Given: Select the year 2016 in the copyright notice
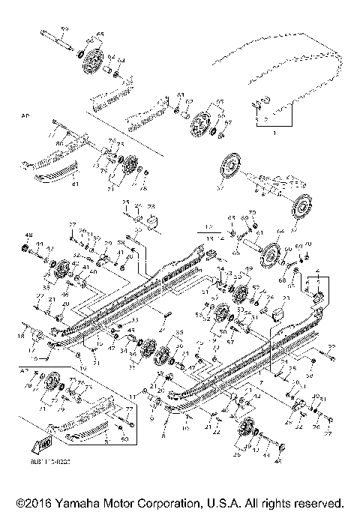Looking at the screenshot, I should (31, 502).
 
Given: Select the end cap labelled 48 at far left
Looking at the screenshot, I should (27, 247).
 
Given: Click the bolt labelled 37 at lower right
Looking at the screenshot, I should (324, 428).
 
